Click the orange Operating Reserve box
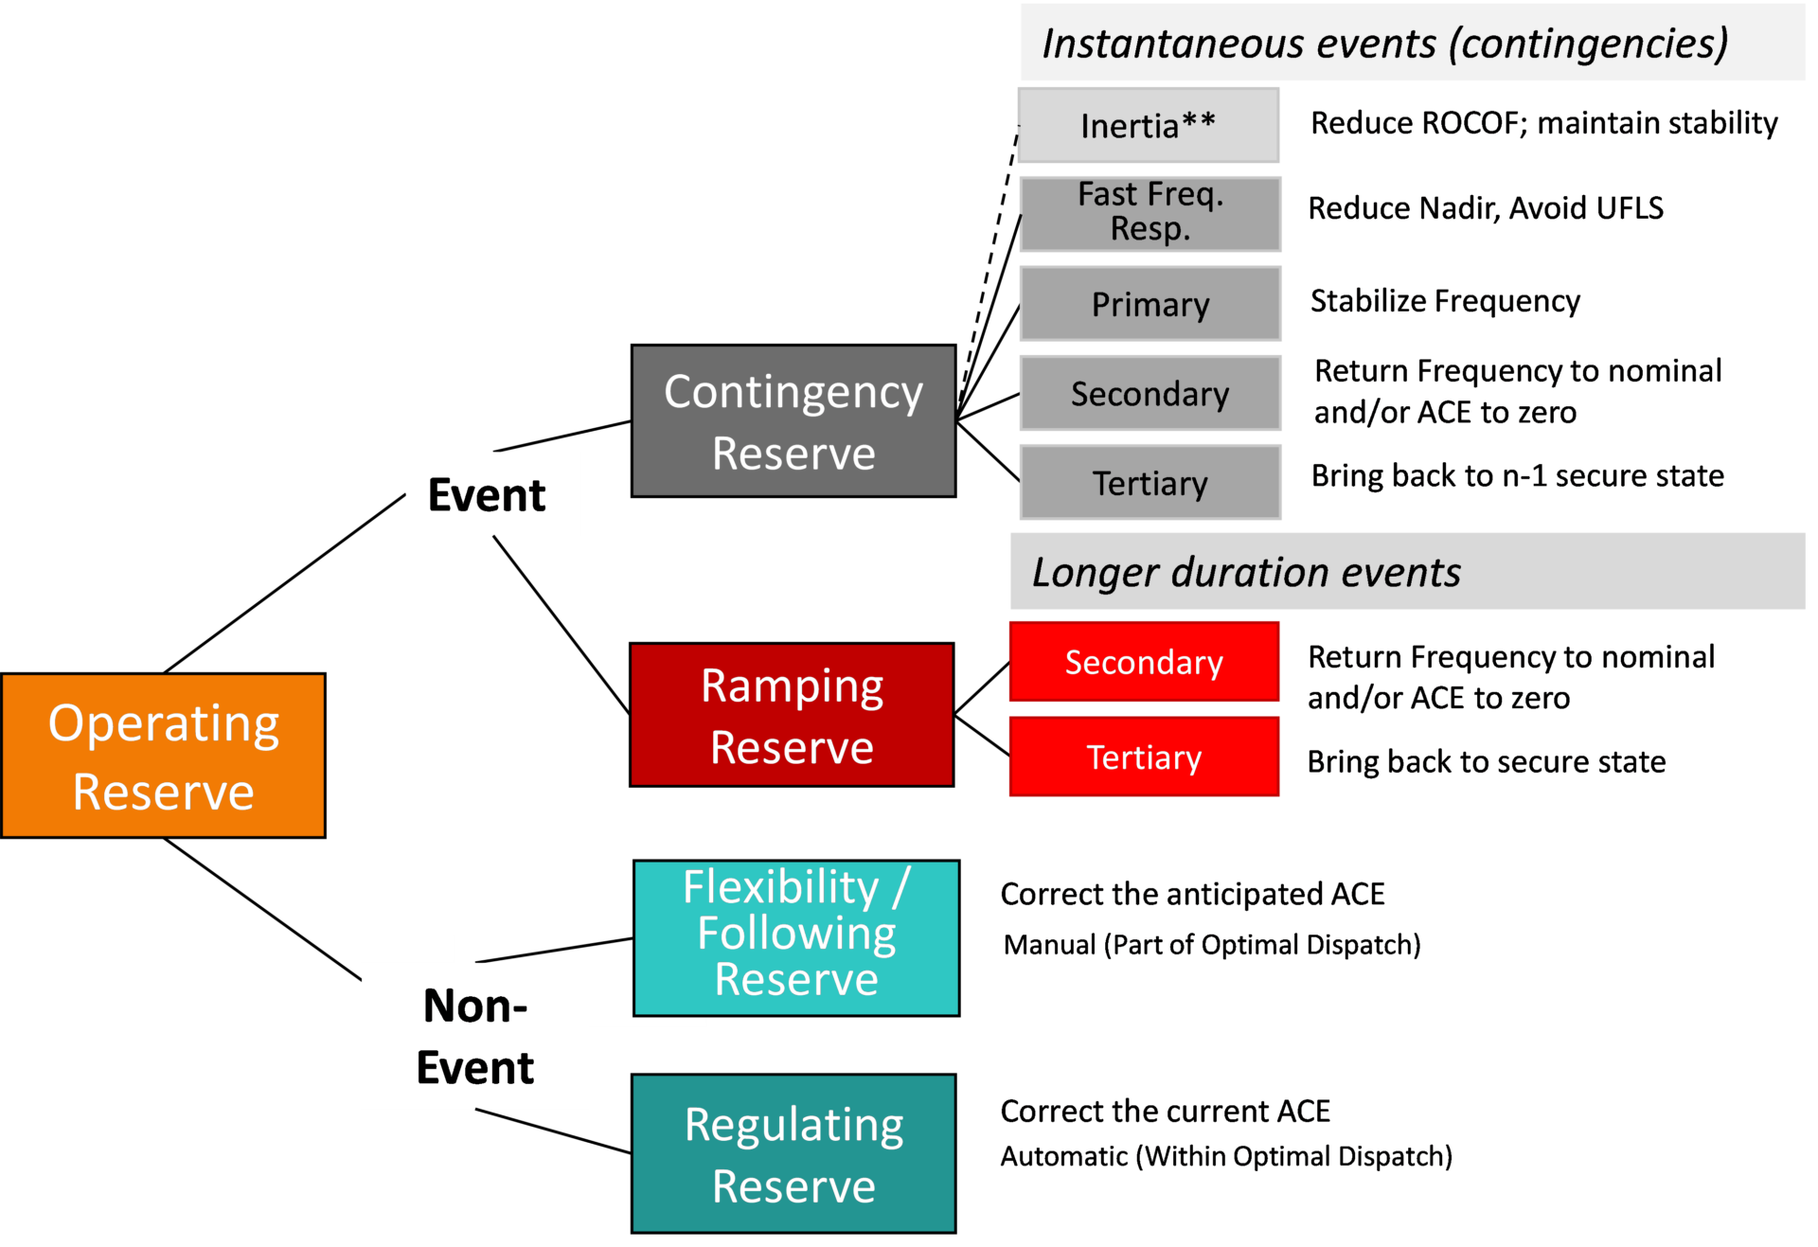pyautogui.click(x=163, y=756)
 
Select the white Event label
pyautogui.click(x=492, y=494)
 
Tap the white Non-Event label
pyautogui.click(x=474, y=1036)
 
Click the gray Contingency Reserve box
pyautogui.click(x=793, y=421)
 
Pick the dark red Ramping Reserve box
pyautogui.click(x=792, y=715)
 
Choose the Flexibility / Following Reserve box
pyautogui.click(x=795, y=937)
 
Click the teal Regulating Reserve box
pyautogui.click(x=793, y=1153)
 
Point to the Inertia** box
pyautogui.click(x=1149, y=125)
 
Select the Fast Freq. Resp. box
pyautogui.click(x=1150, y=214)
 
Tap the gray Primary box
pyautogui.click(x=1150, y=304)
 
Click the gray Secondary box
pyautogui.click(x=1150, y=393)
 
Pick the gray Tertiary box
pyautogui.click(x=1150, y=483)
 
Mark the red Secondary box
pyautogui.click(x=1144, y=662)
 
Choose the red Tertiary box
pyautogui.click(x=1144, y=757)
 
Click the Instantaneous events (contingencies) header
pyautogui.click(x=1411, y=43)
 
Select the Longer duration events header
pyautogui.click(x=1407, y=572)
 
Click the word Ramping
pyautogui.click(x=792, y=686)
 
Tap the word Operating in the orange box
pyautogui.click(x=164, y=723)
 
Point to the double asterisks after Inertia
pyautogui.click(x=1199, y=121)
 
